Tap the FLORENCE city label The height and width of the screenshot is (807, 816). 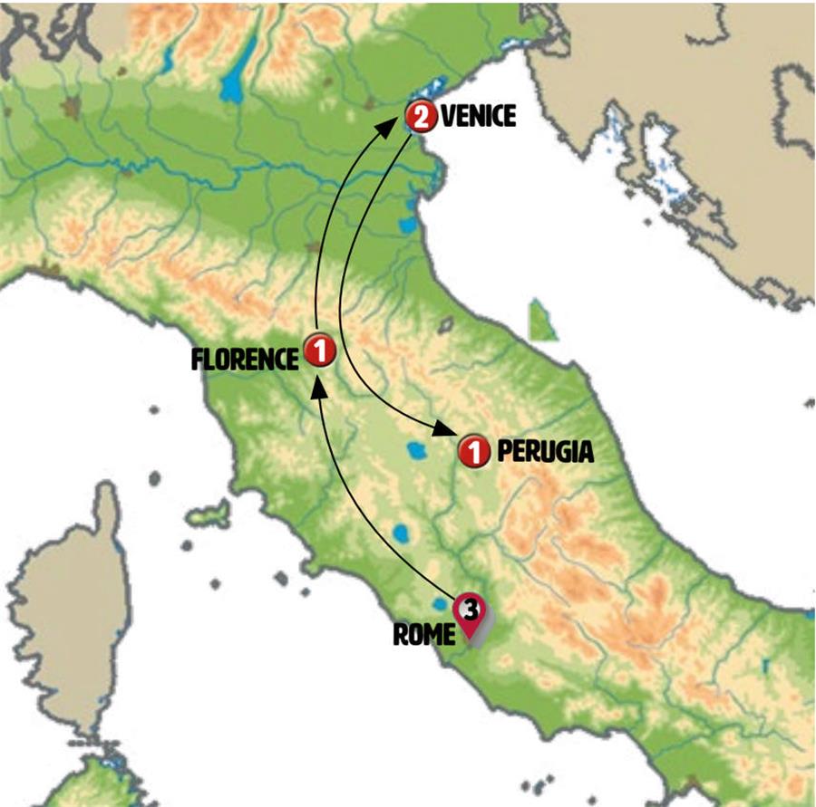click(x=245, y=360)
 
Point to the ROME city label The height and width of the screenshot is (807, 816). click(x=423, y=635)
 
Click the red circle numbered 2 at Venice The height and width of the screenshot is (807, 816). click(x=420, y=116)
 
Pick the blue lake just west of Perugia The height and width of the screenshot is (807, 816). click(x=418, y=450)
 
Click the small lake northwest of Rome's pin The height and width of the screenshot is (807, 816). click(x=441, y=603)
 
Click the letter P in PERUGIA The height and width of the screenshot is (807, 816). click(x=503, y=450)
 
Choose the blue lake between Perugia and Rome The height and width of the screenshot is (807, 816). click(x=400, y=532)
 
